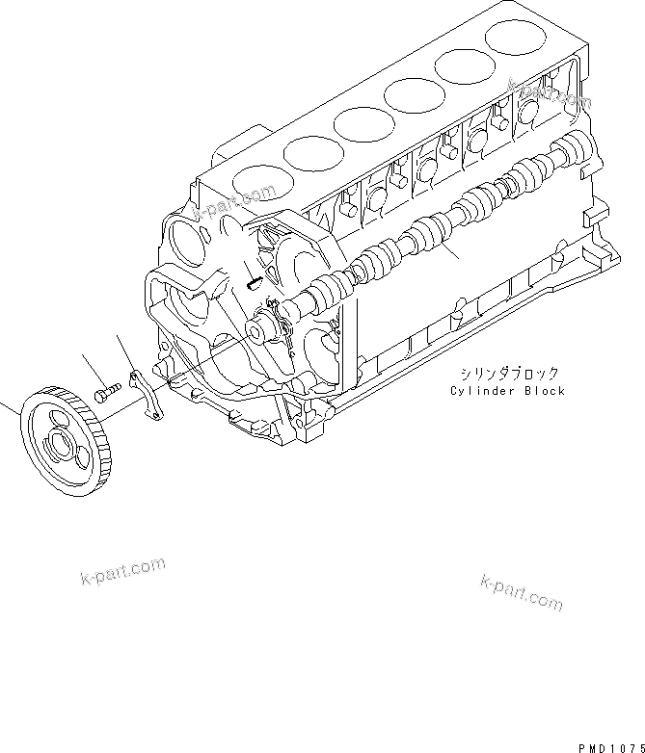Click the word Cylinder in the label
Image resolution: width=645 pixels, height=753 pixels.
click(x=480, y=391)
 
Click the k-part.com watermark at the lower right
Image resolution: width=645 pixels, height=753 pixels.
click(x=520, y=592)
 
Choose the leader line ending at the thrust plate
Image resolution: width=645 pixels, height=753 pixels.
click(x=124, y=350)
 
